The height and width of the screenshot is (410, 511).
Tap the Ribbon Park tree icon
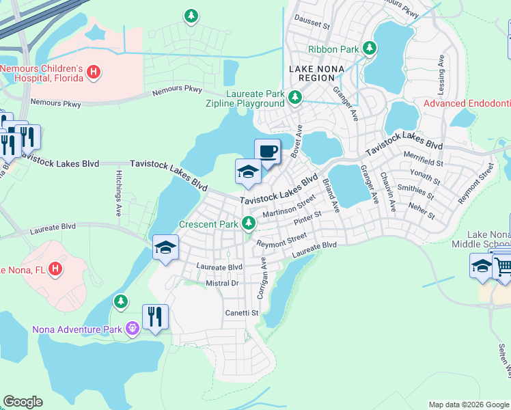click(x=370, y=49)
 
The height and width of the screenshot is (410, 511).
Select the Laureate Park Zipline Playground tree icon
click(x=295, y=97)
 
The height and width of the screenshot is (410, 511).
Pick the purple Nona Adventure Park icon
click(x=132, y=329)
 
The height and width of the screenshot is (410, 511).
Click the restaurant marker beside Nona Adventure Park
click(x=155, y=317)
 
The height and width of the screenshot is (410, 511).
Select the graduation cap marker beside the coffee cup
click(x=248, y=172)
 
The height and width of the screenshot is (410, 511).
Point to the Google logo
click(x=23, y=402)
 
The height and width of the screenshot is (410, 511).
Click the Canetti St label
click(x=242, y=313)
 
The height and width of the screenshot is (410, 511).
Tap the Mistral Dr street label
click(x=221, y=283)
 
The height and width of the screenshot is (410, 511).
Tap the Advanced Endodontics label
click(x=467, y=104)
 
